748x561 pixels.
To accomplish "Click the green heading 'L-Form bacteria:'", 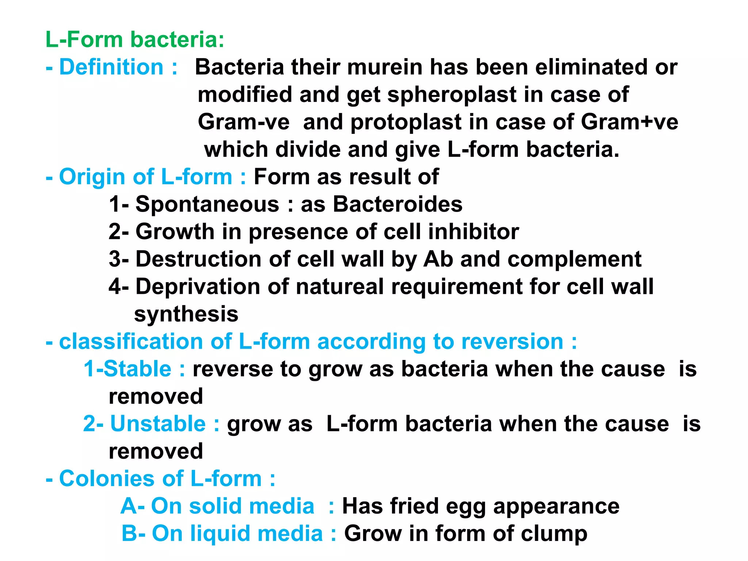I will (x=135, y=39).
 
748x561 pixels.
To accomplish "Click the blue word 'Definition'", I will (x=111, y=67).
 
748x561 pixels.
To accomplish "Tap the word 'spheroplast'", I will (x=452, y=95).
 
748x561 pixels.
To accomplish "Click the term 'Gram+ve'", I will (x=629, y=122).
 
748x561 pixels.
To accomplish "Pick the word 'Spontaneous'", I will (x=207, y=204).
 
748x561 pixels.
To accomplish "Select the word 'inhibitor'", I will (x=473, y=232).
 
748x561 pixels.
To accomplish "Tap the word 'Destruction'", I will (x=198, y=259).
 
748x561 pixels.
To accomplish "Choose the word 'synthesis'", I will (x=186, y=314).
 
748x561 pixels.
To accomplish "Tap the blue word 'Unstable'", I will (x=158, y=424).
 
